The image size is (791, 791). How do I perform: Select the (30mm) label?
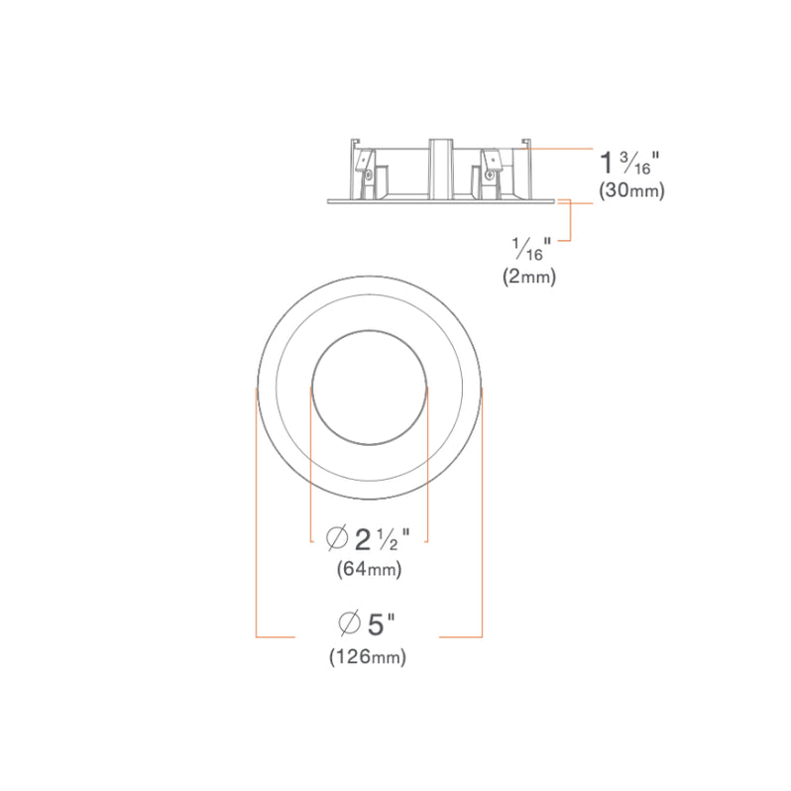click(x=631, y=191)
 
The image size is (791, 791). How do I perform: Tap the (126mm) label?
click(x=368, y=655)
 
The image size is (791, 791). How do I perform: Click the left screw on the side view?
click(x=369, y=176)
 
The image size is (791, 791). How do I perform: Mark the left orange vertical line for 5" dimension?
click(x=257, y=515)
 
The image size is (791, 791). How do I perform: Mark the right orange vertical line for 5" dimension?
click(x=482, y=515)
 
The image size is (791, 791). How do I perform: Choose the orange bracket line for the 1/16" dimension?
click(x=570, y=220)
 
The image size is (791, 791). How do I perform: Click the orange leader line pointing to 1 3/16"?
click(x=560, y=148)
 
